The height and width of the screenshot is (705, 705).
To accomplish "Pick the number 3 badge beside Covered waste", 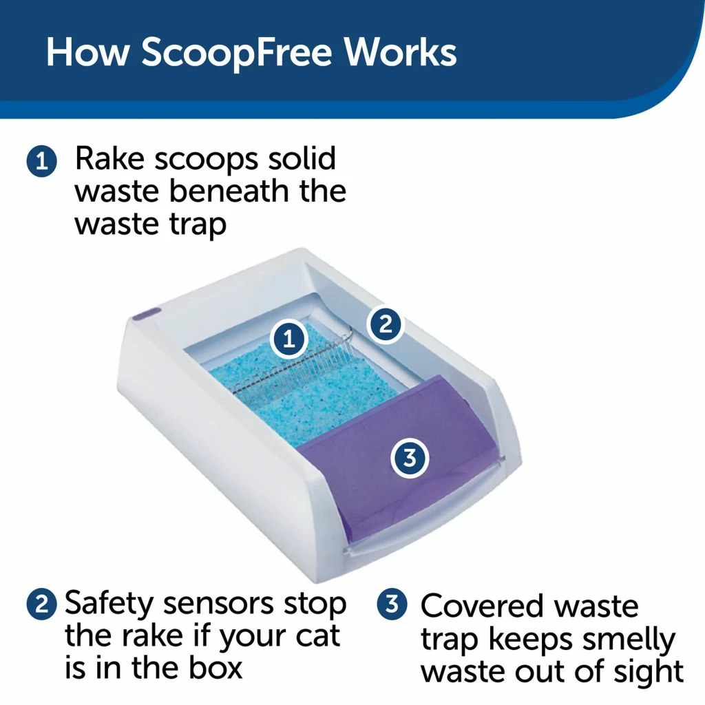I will [x=392, y=606].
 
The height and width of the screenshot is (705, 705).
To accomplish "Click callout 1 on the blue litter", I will [x=289, y=338].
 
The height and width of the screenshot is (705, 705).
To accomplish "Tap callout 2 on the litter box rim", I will [x=385, y=324].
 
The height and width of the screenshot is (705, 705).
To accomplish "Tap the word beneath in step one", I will [x=230, y=191].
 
